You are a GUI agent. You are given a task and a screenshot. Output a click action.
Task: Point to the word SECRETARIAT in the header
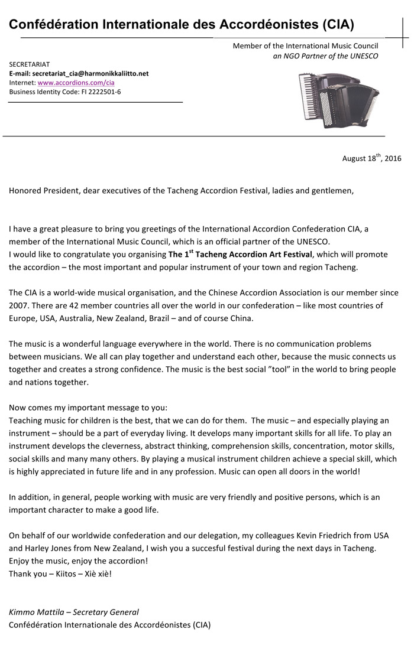[x=30, y=64]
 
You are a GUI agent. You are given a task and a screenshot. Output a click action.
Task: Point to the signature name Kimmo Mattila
[x=37, y=612]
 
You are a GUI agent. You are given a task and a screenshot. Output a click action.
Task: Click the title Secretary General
[x=107, y=612]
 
